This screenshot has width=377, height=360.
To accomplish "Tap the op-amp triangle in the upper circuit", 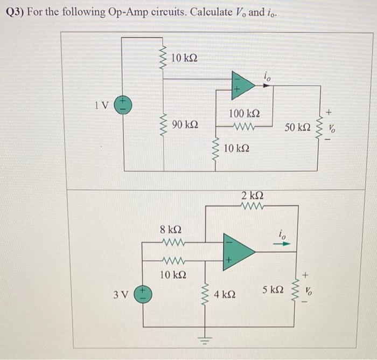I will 242,85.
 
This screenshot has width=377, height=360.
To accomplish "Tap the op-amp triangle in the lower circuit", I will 237,250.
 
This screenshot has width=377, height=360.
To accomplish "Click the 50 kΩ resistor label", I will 297,128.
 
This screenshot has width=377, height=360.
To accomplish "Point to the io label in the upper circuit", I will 267,78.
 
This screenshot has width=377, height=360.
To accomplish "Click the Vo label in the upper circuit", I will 331,129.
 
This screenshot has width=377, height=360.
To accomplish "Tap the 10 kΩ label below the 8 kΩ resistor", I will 173,275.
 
